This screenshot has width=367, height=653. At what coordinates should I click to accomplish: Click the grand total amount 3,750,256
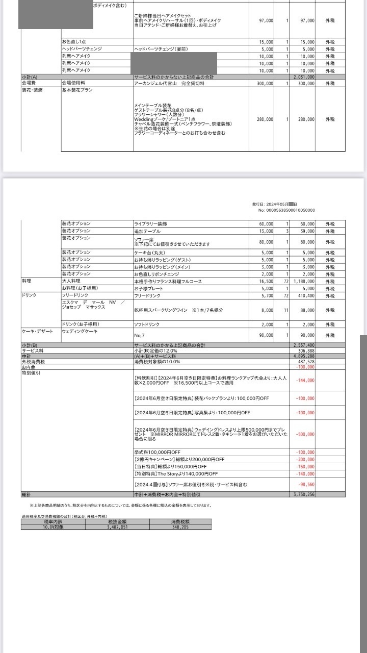pos(305,494)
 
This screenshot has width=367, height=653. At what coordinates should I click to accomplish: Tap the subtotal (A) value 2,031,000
pos(305,77)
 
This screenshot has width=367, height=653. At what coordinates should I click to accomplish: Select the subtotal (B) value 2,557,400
pos(305,345)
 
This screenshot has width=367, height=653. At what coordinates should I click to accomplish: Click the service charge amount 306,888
pos(306,351)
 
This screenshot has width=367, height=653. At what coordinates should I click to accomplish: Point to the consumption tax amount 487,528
pos(306,362)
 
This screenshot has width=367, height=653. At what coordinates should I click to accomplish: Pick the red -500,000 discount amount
pos(305,434)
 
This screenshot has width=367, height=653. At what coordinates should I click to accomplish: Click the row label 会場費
pos(29,82)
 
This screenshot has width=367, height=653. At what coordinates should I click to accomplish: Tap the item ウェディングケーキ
pos(76,331)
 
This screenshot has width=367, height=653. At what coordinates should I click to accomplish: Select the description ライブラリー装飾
pos(151,224)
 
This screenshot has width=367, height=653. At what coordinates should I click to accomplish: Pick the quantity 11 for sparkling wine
pos(286,310)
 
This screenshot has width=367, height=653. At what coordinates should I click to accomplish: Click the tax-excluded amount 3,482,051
pos(116,528)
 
